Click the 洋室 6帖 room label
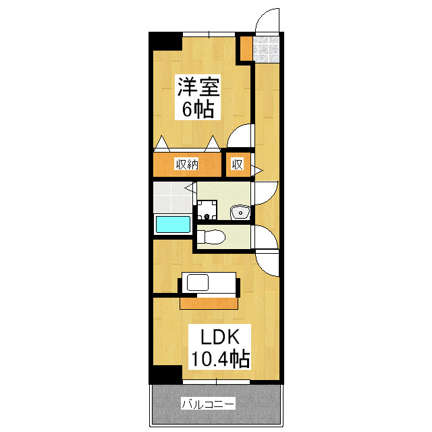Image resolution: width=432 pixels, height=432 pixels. [x=198, y=97]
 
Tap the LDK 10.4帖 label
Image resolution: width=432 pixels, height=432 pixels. [x=219, y=347]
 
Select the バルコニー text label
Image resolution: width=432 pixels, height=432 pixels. [x=208, y=404]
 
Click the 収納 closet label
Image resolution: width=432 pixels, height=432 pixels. [x=187, y=165]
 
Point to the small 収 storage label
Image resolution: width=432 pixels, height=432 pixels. [x=237, y=165]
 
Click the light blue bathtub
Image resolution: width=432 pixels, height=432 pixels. [x=173, y=224]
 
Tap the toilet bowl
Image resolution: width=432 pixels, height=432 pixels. [x=211, y=237]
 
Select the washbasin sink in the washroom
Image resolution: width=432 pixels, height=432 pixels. [x=240, y=213]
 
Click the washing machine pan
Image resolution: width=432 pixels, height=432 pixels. [x=207, y=210]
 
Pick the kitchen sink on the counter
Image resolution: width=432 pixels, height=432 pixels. [x=198, y=282]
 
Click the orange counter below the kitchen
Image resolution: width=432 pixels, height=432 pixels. [x=209, y=303]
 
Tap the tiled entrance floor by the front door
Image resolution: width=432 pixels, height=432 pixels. [x=266, y=49]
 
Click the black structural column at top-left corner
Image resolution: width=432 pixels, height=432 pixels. [x=165, y=41]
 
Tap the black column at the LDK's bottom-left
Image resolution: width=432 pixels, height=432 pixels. [x=165, y=375]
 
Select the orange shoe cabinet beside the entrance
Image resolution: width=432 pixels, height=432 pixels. [x=245, y=48]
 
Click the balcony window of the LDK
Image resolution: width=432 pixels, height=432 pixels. [x=216, y=382]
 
